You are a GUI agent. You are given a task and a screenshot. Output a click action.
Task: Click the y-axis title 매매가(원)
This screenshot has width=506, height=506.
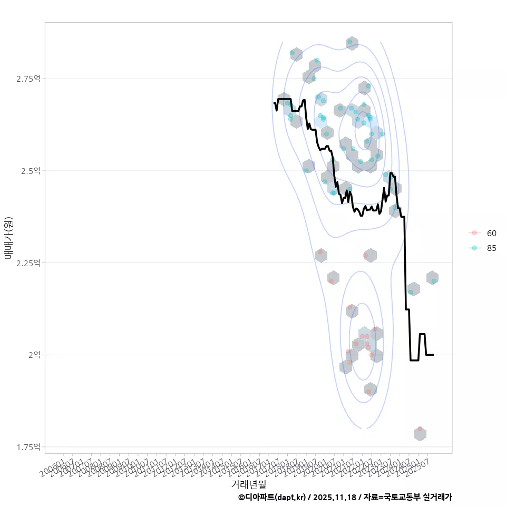(8, 238)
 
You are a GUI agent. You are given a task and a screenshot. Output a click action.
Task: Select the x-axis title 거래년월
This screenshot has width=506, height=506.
(248, 483)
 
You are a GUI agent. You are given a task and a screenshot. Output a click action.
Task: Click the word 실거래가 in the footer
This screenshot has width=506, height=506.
(437, 497)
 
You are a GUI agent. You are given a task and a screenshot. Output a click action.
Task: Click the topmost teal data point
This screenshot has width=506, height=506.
(349, 42)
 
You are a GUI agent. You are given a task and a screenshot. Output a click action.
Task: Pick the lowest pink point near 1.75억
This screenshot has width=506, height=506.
(420, 429)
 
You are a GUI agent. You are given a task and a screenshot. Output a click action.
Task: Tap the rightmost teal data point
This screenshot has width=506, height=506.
(434, 281)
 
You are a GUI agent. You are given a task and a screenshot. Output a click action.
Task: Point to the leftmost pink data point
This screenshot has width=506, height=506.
(320, 252)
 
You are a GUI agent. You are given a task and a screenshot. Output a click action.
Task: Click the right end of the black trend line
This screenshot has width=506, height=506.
(433, 355)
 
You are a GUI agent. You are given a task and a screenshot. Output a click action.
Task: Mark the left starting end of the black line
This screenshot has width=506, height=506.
(274, 103)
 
